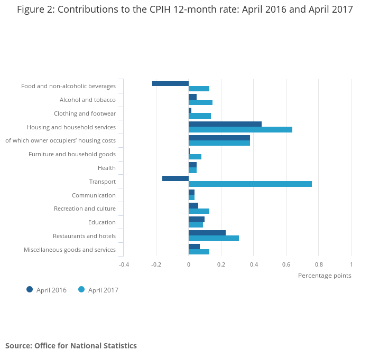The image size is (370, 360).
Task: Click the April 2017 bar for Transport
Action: [250, 184]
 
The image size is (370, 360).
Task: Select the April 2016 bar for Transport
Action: [175, 178]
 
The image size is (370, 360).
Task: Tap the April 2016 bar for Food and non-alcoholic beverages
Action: [170, 83]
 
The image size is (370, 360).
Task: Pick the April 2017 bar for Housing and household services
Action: [240, 129]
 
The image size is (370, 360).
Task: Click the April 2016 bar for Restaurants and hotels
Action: [207, 233]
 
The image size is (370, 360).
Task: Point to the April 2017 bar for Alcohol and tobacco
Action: [200, 102]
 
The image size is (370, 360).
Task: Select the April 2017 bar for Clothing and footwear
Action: [200, 116]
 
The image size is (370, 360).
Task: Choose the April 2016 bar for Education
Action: [197, 219]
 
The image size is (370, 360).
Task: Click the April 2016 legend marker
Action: [30, 289]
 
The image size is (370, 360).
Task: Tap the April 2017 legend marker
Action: [81, 289]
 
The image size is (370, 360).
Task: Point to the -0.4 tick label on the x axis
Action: [124, 264]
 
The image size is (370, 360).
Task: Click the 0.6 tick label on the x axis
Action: [286, 264]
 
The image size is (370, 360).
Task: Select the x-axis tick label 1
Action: [351, 264]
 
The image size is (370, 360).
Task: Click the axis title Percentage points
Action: [325, 275]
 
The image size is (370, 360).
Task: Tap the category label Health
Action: [107, 168]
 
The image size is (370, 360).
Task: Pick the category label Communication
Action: [94, 195]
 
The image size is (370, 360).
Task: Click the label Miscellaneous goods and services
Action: [70, 250]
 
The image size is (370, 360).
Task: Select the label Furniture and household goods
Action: [72, 154]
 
